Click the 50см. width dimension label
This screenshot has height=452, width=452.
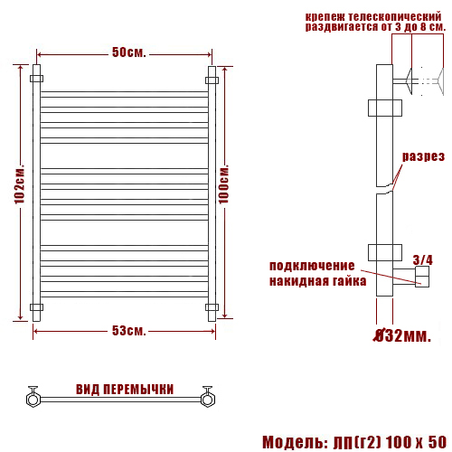[x=129, y=52]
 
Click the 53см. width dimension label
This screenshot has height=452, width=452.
[x=129, y=331]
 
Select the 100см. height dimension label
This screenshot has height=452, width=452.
[x=224, y=186]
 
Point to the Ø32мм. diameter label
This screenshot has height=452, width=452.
[x=401, y=336]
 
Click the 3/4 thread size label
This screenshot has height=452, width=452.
[x=421, y=260]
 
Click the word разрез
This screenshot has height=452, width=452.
[x=424, y=155]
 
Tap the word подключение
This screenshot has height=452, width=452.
[x=310, y=266]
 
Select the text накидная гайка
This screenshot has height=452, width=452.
[x=317, y=280]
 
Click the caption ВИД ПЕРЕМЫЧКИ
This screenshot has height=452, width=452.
[x=125, y=390]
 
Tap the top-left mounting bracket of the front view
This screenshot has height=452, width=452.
[x=37, y=80]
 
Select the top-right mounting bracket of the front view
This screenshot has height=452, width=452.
[x=212, y=80]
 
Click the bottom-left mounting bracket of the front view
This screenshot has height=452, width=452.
[x=37, y=307]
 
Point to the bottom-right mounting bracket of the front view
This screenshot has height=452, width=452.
[x=212, y=307]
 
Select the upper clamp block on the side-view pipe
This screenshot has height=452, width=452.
[x=385, y=108]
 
